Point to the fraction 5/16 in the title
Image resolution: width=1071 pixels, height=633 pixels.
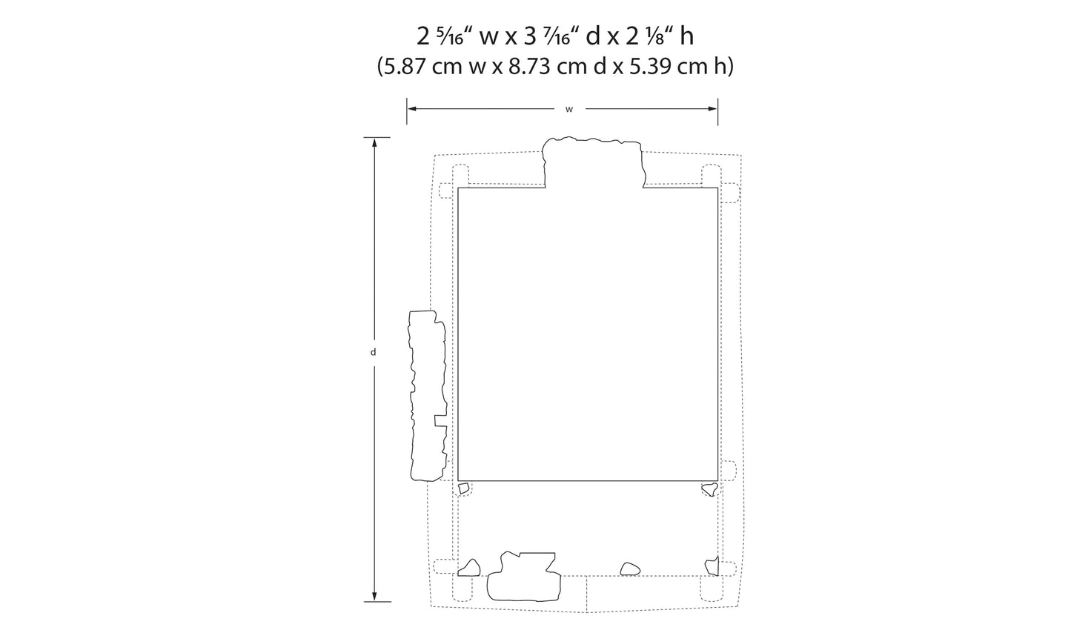[x=450, y=37]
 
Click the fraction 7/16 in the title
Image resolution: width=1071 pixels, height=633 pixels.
[x=557, y=37]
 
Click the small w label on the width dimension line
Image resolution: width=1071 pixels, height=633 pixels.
[x=569, y=110]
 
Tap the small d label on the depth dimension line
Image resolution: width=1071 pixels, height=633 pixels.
[x=374, y=352]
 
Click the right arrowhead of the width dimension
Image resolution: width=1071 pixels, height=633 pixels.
[x=713, y=109]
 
